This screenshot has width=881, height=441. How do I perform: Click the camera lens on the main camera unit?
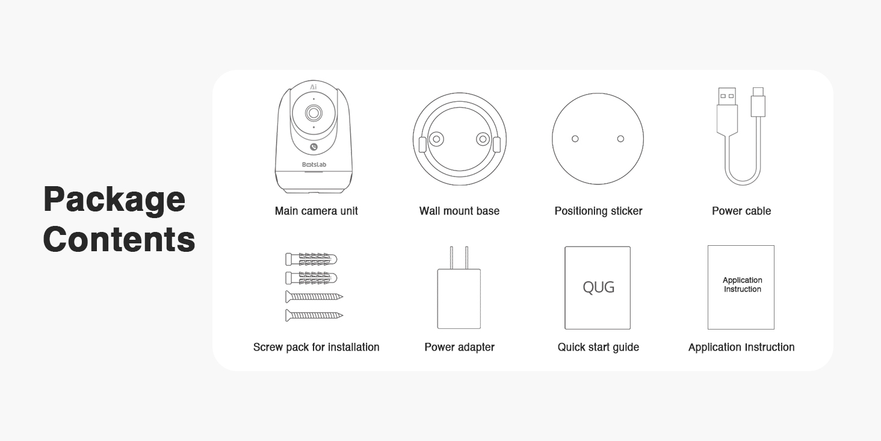[314, 113]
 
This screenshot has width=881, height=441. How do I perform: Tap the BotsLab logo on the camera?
[314, 164]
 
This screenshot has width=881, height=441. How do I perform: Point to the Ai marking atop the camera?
[314, 87]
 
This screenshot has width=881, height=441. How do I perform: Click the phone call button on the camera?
[314, 147]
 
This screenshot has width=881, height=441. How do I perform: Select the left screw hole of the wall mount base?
[436, 139]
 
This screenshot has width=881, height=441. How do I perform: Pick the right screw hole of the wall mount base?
[483, 139]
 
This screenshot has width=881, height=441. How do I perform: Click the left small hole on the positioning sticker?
[575, 139]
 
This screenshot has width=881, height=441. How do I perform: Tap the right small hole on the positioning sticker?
[620, 139]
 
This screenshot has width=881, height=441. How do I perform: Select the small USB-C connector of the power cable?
[758, 102]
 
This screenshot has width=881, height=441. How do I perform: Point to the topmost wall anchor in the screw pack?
[311, 259]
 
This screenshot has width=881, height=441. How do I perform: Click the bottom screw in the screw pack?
[314, 316]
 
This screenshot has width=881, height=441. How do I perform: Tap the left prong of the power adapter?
[451, 258]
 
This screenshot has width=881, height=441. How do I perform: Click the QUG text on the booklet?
[598, 287]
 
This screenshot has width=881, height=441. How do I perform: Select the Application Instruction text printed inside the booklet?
[742, 284]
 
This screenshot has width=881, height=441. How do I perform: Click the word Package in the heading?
[114, 200]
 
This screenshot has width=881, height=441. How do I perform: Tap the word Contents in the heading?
[119, 239]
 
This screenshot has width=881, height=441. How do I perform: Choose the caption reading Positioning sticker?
[598, 211]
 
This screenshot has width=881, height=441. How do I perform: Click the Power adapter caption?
[459, 347]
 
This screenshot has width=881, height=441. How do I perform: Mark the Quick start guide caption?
[598, 347]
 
